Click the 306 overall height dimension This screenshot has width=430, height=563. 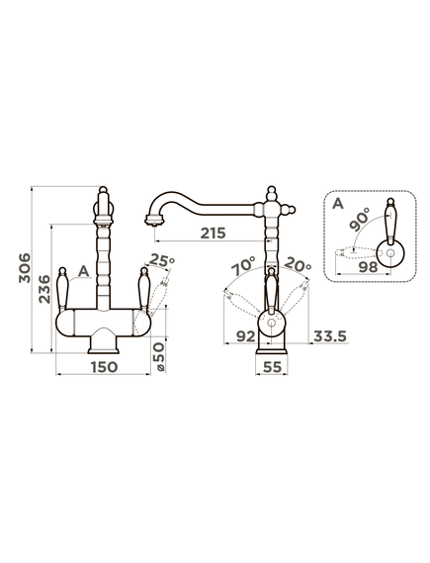pyautogui.click(x=25, y=268)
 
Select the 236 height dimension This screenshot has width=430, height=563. pyautogui.click(x=44, y=289)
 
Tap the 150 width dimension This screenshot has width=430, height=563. pyautogui.click(x=104, y=367)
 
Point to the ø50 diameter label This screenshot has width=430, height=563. pyautogui.click(x=160, y=356)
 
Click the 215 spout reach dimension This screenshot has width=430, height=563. pyautogui.click(x=214, y=234)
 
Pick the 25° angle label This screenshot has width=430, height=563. pyautogui.click(x=162, y=259)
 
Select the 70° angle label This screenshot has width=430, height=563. pyautogui.click(x=242, y=265)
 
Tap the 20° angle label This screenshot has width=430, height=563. pyautogui.click(x=298, y=265)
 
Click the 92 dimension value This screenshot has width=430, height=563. pyautogui.click(x=246, y=336)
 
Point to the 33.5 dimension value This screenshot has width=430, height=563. pyautogui.click(x=330, y=336)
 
